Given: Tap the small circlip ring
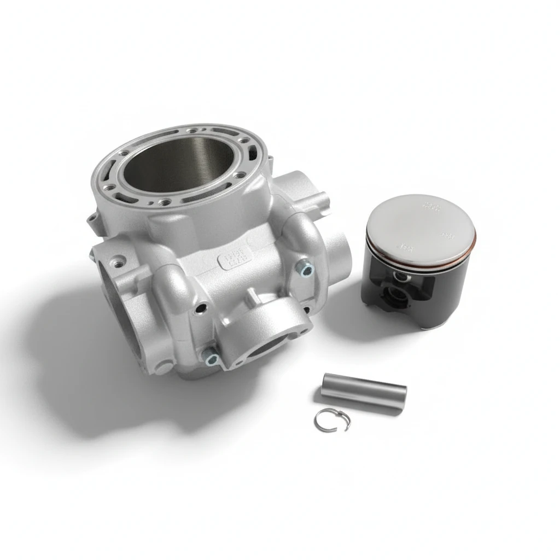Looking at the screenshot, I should (x=332, y=420).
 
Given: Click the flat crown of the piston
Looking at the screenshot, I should (x=420, y=227).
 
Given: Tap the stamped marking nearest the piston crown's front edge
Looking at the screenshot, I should (x=406, y=247).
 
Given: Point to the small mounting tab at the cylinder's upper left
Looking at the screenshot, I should (x=90, y=220).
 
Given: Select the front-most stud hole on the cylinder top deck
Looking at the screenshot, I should (x=164, y=202).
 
